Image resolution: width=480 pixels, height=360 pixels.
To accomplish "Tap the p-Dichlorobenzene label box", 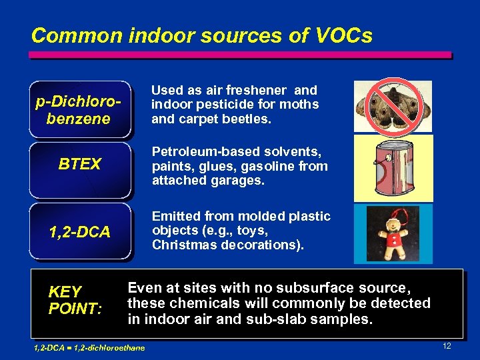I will pyautogui.click(x=80, y=111).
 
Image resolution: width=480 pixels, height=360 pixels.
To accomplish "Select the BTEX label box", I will pyautogui.click(x=80, y=164).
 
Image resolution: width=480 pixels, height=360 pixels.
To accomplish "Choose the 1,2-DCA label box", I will pyautogui.click(x=80, y=232).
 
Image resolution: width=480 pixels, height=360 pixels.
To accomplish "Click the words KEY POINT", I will pyautogui.click(x=75, y=301).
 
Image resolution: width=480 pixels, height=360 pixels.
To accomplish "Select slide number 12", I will pyautogui.click(x=447, y=346).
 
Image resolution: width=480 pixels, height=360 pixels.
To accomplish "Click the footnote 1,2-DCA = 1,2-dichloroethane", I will pyautogui.click(x=89, y=347).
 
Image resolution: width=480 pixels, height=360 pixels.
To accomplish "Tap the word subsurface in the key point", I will pyautogui.click(x=315, y=288).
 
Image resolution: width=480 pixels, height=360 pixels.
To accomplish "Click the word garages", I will pyautogui.click(x=237, y=181).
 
